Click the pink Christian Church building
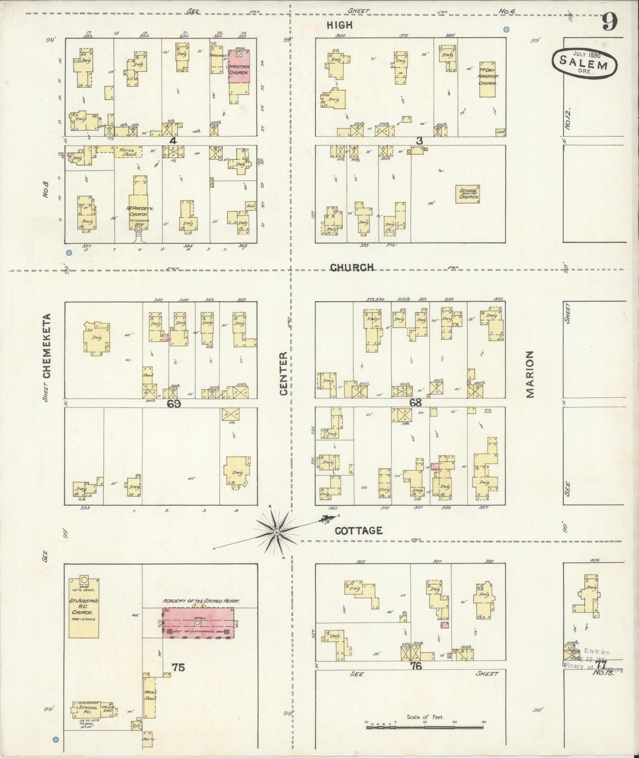pyautogui.click(x=239, y=68)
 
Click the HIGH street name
pyautogui.click(x=340, y=25)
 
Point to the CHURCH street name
pyautogui.click(x=352, y=267)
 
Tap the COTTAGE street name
pyautogui.click(x=359, y=531)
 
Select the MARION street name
pyautogui.click(x=530, y=374)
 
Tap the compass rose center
pyautogui.click(x=276, y=532)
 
